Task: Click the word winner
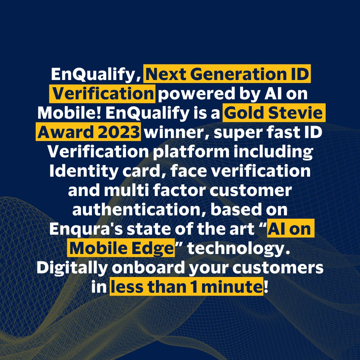[171, 132]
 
